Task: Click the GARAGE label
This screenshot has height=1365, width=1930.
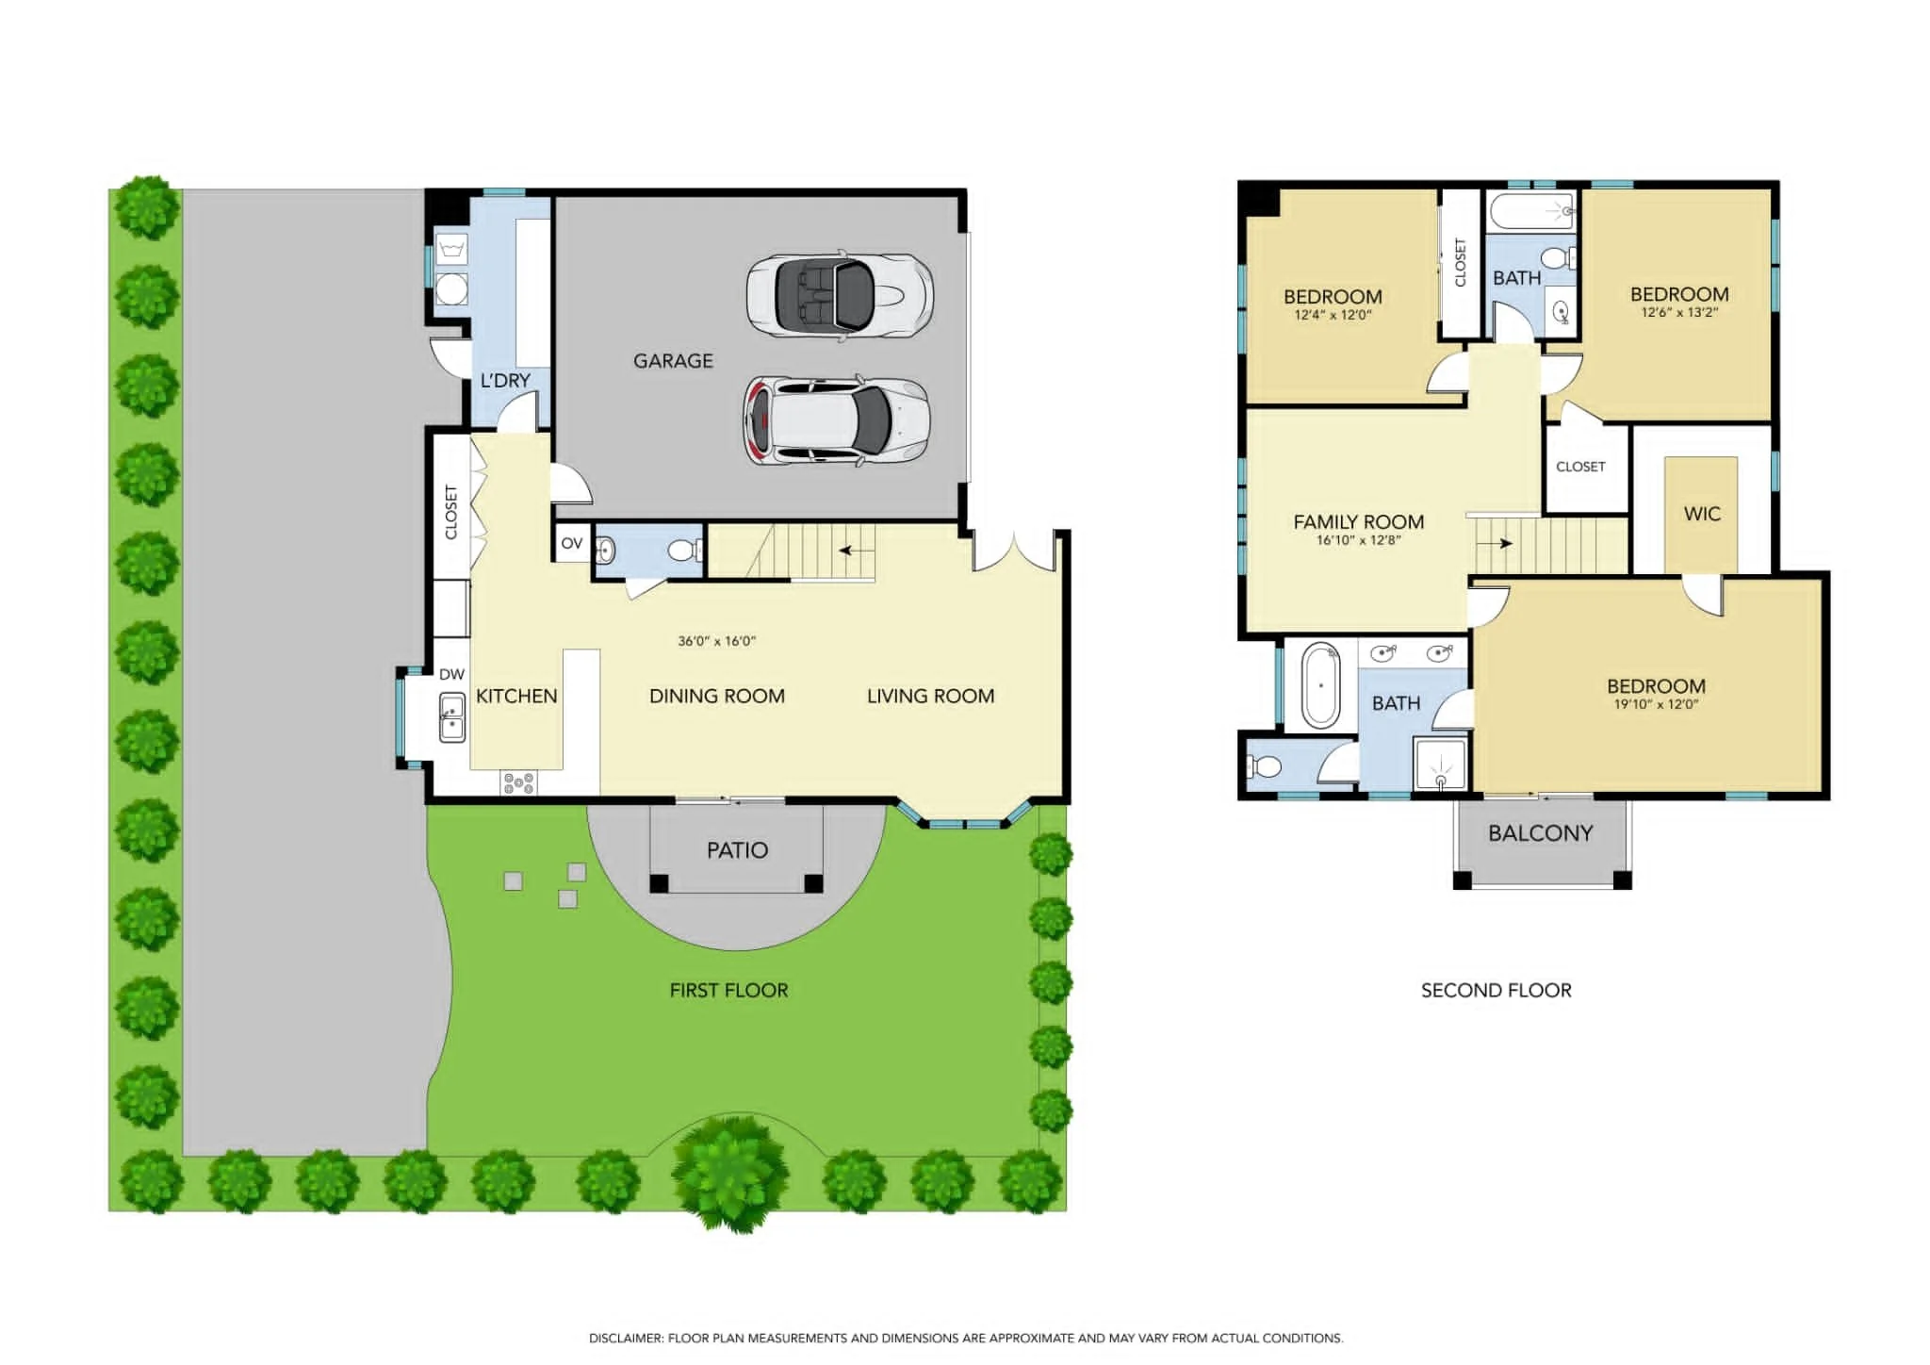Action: [x=673, y=361]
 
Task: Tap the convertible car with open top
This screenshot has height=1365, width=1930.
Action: [x=840, y=294]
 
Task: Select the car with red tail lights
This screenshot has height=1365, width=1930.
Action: [x=837, y=421]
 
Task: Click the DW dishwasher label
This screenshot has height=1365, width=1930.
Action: [x=451, y=674]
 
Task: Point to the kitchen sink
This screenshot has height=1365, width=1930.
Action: [x=451, y=717]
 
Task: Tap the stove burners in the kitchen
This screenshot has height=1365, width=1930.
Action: [x=518, y=782]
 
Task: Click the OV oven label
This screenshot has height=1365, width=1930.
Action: [x=572, y=543]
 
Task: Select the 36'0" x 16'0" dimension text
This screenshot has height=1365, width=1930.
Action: [x=716, y=641]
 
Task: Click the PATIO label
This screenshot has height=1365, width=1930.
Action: [x=737, y=850]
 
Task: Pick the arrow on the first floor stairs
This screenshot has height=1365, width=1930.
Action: [x=857, y=550]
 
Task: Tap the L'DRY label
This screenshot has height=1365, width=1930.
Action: [x=505, y=381]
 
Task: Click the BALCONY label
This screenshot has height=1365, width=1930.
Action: [x=1541, y=833]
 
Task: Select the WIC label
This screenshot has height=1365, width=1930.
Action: [x=1702, y=514]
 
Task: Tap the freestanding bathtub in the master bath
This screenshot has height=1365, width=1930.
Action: [x=1320, y=685]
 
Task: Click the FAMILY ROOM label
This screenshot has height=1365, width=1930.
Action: [x=1358, y=522]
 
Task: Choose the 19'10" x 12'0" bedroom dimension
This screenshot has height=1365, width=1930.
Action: [x=1656, y=704]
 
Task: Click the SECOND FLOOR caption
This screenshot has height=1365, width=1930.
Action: [x=1497, y=991]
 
